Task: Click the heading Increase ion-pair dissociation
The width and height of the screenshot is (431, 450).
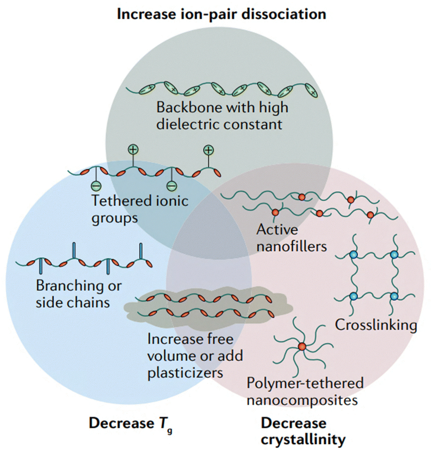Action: click(221, 14)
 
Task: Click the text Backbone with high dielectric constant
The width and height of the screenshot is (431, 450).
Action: click(222, 115)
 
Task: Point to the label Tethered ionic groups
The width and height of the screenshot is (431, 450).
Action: click(140, 209)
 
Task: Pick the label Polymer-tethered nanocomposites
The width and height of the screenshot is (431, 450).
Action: click(305, 391)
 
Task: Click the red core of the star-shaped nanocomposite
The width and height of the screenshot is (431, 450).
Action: click(302, 346)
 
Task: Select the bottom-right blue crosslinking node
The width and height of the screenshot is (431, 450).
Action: click(394, 296)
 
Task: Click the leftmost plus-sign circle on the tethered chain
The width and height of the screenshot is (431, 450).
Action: click(132, 149)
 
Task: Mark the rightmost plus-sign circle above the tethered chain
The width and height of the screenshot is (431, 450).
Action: click(209, 149)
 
